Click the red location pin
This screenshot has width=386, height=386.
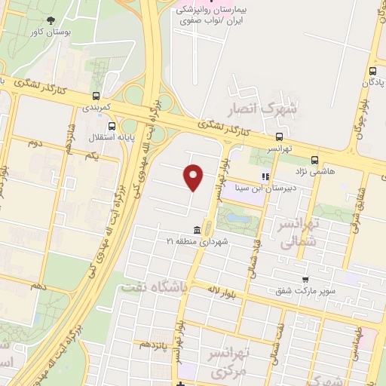click(194, 177)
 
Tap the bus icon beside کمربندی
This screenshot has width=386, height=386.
click(96, 96)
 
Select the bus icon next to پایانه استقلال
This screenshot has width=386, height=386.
click(112, 127)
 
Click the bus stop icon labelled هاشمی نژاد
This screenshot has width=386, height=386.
click(314, 160)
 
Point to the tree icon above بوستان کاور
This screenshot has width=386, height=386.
click(51, 21)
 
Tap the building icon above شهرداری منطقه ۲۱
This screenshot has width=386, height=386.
click(197, 229)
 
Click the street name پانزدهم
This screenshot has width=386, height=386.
click(154, 344)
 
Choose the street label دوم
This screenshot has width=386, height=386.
click(34, 142)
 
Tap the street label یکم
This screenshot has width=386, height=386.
click(93, 155)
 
